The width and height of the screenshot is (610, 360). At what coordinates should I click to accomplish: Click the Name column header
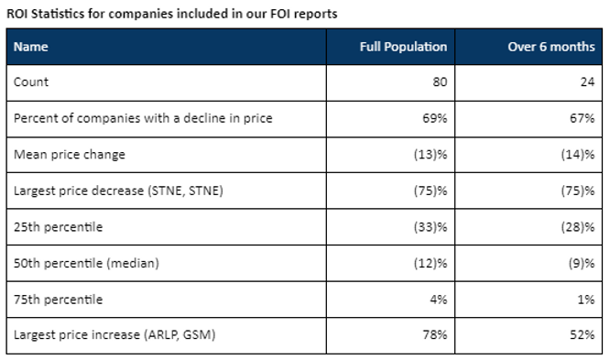pos(31,46)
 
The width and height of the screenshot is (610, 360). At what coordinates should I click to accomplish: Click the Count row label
pos(31,82)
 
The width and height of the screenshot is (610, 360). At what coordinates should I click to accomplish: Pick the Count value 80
pos(439,82)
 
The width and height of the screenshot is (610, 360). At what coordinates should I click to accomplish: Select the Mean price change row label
pos(69,154)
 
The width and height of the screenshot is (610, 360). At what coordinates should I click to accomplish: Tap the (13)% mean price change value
pos(430,154)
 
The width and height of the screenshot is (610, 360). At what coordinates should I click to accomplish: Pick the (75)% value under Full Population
pos(430,191)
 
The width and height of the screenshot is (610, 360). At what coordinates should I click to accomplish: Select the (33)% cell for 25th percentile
pos(430,226)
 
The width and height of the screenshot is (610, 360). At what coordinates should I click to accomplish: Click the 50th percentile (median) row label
pos(86,263)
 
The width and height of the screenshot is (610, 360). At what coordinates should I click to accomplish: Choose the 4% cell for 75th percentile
pos(437,300)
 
